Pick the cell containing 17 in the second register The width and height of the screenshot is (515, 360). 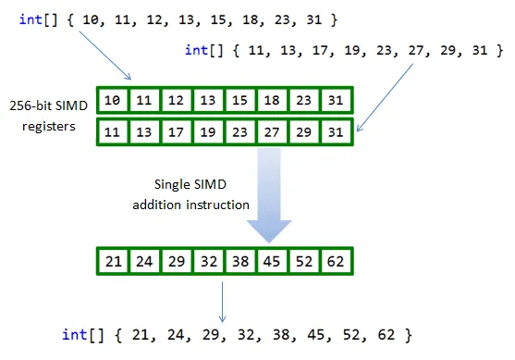tap(175, 131)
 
